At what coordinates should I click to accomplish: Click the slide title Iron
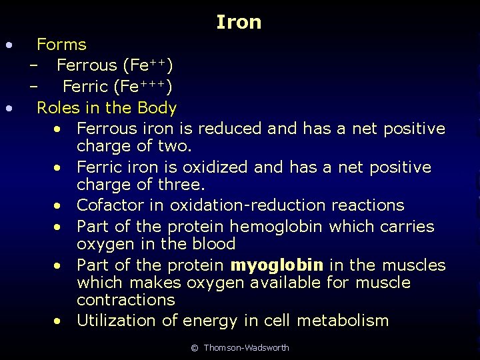(x=239, y=23)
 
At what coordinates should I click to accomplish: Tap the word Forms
(x=61, y=45)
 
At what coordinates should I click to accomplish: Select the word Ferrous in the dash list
(x=86, y=65)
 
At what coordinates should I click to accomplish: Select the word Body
(x=157, y=107)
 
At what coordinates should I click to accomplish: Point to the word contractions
(x=125, y=300)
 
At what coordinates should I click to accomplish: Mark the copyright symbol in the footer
(x=195, y=348)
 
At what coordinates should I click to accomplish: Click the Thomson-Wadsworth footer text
(x=246, y=348)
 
